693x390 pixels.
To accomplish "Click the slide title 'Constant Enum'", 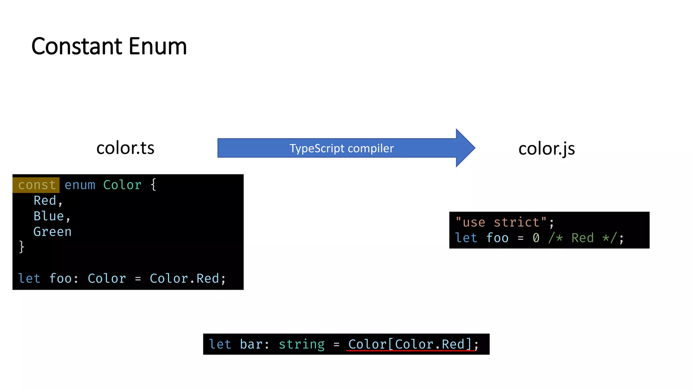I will pos(109,46).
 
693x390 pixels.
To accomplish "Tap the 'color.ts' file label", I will pos(125,148).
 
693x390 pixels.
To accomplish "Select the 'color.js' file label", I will pos(546,149).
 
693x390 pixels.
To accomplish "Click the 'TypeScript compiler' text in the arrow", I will pos(341,148).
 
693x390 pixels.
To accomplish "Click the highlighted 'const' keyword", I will pos(37,185).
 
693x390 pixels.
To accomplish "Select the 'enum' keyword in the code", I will pos(80,185).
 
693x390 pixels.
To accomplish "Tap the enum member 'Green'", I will pos(52,232).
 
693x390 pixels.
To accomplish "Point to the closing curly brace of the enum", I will pos(22,247).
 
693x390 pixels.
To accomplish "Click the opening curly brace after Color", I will pos(153,185).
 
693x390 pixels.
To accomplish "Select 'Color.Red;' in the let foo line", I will pos(187,279).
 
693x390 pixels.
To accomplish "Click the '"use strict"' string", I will pos(501,222).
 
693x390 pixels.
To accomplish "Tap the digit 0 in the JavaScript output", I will pos(536,238).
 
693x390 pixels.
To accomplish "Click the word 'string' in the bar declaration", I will pos(301,344).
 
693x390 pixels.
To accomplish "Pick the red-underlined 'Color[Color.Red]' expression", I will pos(410,344).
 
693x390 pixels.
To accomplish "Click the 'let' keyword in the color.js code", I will pos(466,238).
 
